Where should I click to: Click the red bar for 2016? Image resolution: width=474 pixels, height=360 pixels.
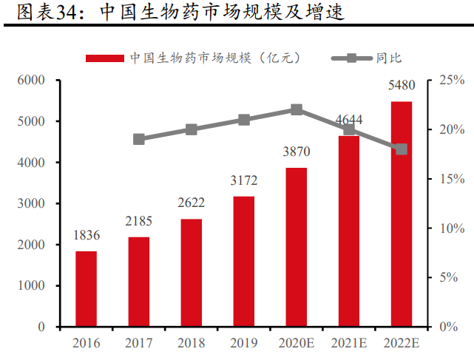tap(87, 288)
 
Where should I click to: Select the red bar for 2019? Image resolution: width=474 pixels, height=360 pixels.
tap(244, 261)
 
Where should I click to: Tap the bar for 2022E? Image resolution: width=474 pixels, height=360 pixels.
tap(402, 214)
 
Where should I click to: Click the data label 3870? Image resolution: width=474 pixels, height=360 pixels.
tap(297, 152)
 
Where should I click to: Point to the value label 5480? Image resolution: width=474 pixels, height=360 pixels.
tap(402, 86)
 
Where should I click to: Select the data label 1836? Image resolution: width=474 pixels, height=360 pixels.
tap(87, 235)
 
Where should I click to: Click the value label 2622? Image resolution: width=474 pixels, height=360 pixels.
tap(192, 203)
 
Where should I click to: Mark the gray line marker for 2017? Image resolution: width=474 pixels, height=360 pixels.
tap(139, 139)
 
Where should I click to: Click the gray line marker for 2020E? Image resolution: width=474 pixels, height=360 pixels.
tap(297, 109)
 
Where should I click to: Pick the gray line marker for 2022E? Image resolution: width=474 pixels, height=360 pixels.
tap(402, 149)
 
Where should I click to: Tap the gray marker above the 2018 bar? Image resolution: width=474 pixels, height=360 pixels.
tap(192, 129)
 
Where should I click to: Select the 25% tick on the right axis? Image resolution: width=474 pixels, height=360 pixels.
tap(450, 80)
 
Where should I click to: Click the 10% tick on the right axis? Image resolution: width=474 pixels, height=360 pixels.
tap(450, 228)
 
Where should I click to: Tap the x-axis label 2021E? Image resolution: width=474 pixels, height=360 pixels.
tap(349, 343)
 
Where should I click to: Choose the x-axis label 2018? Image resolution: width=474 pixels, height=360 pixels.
tap(192, 343)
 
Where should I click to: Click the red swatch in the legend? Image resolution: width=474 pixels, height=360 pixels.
tap(105, 58)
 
